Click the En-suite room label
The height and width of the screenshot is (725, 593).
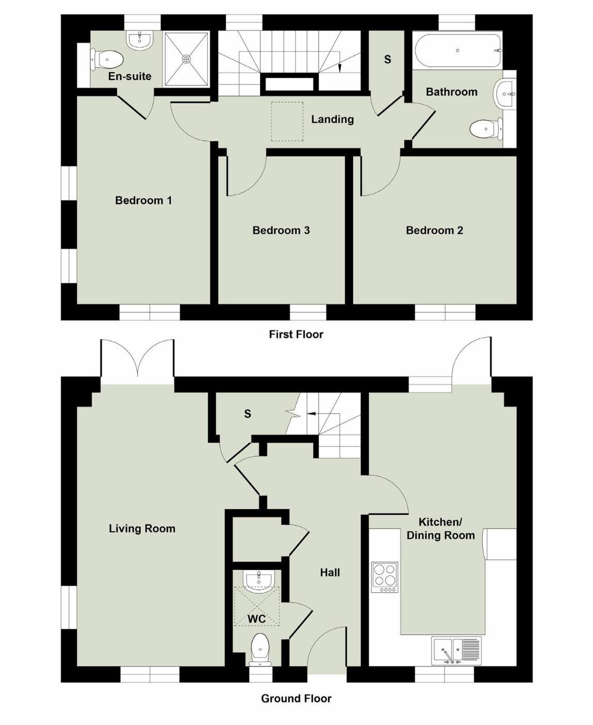point(129,76)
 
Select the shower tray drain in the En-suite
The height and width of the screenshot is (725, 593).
point(186,59)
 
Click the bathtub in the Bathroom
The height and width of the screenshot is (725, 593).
point(458,51)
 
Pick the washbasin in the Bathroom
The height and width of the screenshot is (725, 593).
point(505,94)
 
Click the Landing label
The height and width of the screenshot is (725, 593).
point(332,119)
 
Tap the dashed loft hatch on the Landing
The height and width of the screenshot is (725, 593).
point(287,121)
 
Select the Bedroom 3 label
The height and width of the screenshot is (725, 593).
point(281,230)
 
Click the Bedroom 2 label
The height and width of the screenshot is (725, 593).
point(434,230)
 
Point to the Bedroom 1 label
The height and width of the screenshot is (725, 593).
point(143,200)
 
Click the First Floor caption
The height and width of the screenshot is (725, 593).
point(296,334)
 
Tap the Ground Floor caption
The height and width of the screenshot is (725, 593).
point(296,699)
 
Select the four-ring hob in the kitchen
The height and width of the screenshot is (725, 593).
point(385,577)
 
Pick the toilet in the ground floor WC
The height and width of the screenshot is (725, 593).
point(259,649)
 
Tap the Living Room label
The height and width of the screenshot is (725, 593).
point(142,528)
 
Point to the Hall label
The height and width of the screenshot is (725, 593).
point(329,573)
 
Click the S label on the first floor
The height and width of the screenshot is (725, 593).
point(387,60)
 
